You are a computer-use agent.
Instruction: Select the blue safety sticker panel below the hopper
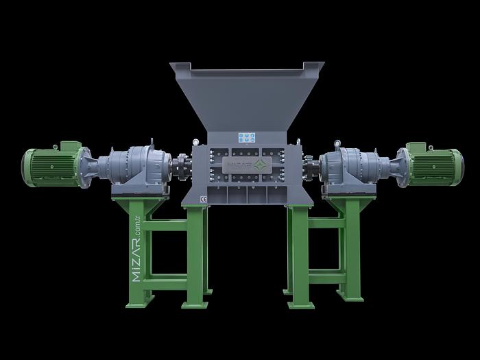point(245,137)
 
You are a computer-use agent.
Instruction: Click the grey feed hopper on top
point(247,96)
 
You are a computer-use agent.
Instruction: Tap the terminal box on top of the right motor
point(417,146)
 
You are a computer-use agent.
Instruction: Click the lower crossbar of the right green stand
point(325,275)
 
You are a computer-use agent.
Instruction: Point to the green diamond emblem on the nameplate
point(259,166)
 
